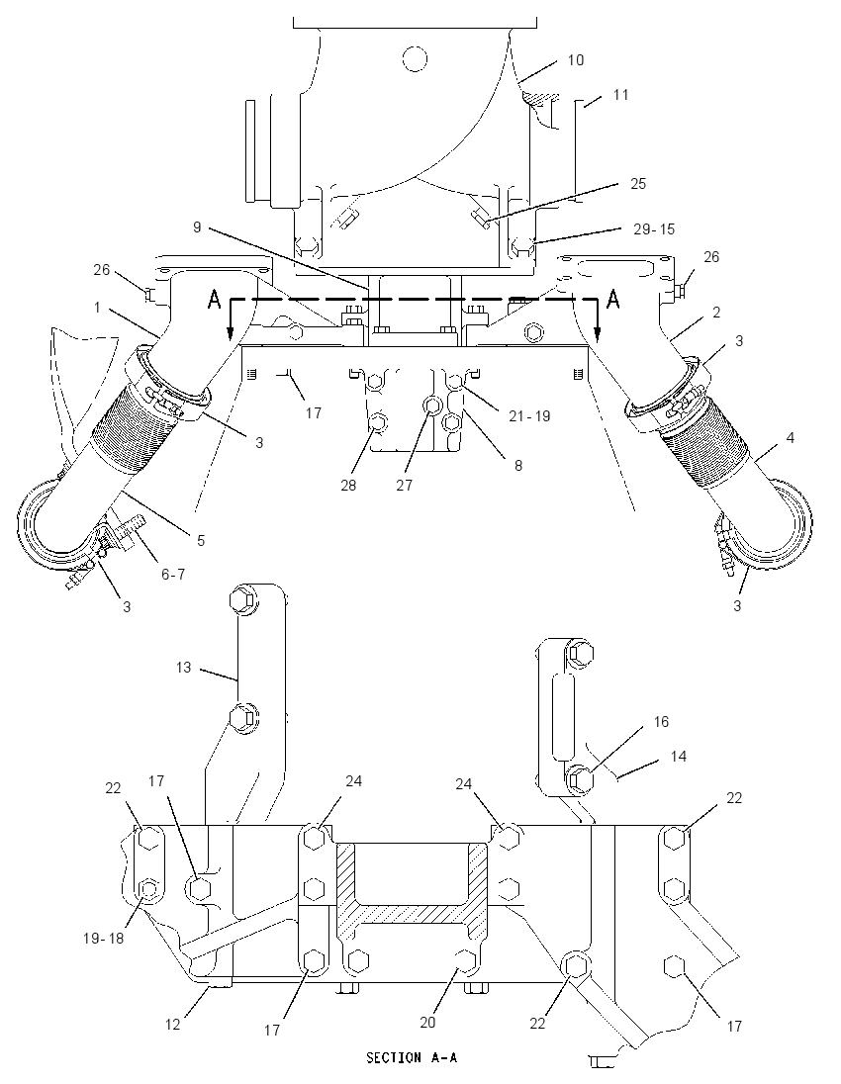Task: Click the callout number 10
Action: (576, 60)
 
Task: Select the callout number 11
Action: (620, 94)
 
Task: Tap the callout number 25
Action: (637, 183)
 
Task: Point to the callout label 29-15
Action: (654, 228)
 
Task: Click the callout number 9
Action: (197, 226)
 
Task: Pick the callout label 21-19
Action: (529, 415)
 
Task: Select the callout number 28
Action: (348, 485)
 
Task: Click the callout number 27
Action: (404, 485)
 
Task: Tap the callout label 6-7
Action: (173, 573)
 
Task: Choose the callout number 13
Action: (183, 668)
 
